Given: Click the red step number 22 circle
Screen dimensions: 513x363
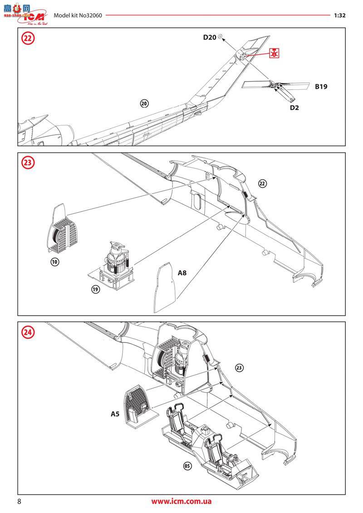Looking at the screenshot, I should point(28,38).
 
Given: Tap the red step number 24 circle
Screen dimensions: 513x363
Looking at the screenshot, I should point(28,332).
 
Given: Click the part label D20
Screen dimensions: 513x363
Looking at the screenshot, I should point(209,38).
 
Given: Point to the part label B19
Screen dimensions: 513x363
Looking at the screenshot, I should point(321,86).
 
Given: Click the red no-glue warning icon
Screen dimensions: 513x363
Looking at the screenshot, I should point(274,53).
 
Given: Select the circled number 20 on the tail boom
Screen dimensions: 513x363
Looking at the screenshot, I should point(144,103).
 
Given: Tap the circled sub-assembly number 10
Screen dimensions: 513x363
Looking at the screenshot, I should point(54,262).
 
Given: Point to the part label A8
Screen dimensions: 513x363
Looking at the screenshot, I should point(182,273).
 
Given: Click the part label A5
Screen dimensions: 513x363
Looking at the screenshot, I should point(116,414).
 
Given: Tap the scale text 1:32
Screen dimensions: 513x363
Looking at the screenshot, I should point(339,15).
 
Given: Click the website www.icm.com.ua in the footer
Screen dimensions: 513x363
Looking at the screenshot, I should point(181,501).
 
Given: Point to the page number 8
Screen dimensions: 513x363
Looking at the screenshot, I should point(19,501).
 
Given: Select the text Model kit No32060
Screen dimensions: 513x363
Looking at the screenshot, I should point(78,15).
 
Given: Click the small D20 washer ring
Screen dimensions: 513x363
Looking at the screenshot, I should point(221,36).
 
